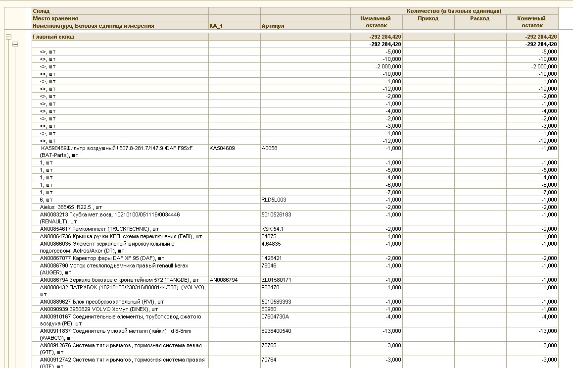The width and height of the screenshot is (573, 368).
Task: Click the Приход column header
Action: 428,18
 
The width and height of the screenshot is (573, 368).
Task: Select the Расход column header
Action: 479,18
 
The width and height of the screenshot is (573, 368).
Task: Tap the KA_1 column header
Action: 216,26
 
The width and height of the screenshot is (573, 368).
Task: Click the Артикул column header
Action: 273,26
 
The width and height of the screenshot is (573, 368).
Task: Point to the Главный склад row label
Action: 53,37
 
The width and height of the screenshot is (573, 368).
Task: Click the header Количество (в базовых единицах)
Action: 454,11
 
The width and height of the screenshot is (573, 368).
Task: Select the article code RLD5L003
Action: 274,200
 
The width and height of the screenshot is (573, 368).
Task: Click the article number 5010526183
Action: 276,214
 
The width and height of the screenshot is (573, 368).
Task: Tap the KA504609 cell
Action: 222,148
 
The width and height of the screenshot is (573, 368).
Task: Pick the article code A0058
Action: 270,148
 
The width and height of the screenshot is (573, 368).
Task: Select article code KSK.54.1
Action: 272,229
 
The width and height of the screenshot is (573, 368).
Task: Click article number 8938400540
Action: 276,331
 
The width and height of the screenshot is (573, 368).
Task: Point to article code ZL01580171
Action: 276,280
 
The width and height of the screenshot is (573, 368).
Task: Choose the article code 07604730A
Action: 275,316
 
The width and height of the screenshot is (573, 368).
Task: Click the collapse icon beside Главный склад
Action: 8,37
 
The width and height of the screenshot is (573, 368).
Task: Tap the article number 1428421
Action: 271,258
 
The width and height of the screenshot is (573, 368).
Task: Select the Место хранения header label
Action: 55,18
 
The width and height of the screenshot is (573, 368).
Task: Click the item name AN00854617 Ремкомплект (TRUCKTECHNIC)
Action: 99,229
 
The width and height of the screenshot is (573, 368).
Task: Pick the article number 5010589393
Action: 276,302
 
